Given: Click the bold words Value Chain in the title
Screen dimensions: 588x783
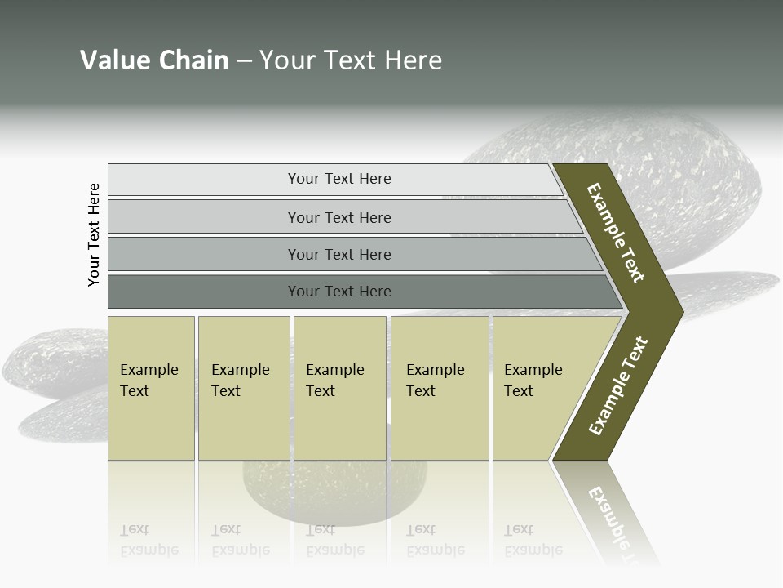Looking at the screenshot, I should pos(154,60).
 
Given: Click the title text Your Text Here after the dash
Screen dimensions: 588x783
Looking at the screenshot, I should pos(351,60).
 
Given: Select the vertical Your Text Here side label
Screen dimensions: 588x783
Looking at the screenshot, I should pos(94,234).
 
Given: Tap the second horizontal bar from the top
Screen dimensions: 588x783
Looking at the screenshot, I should pos(339,217).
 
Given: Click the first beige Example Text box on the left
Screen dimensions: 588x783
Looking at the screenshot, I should pos(151,388).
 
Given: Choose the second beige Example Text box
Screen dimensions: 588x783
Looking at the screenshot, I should pos(243,388).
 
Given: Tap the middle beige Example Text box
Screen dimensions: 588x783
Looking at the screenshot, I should pos(339,388).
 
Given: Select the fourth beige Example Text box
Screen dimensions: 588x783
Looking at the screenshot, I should pos(439,388).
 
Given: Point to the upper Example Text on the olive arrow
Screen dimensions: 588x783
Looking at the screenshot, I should pos(616,233).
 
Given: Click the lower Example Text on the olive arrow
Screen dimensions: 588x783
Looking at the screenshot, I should pos(618,385).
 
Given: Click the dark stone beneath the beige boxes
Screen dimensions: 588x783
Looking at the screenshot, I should pos(334,490).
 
